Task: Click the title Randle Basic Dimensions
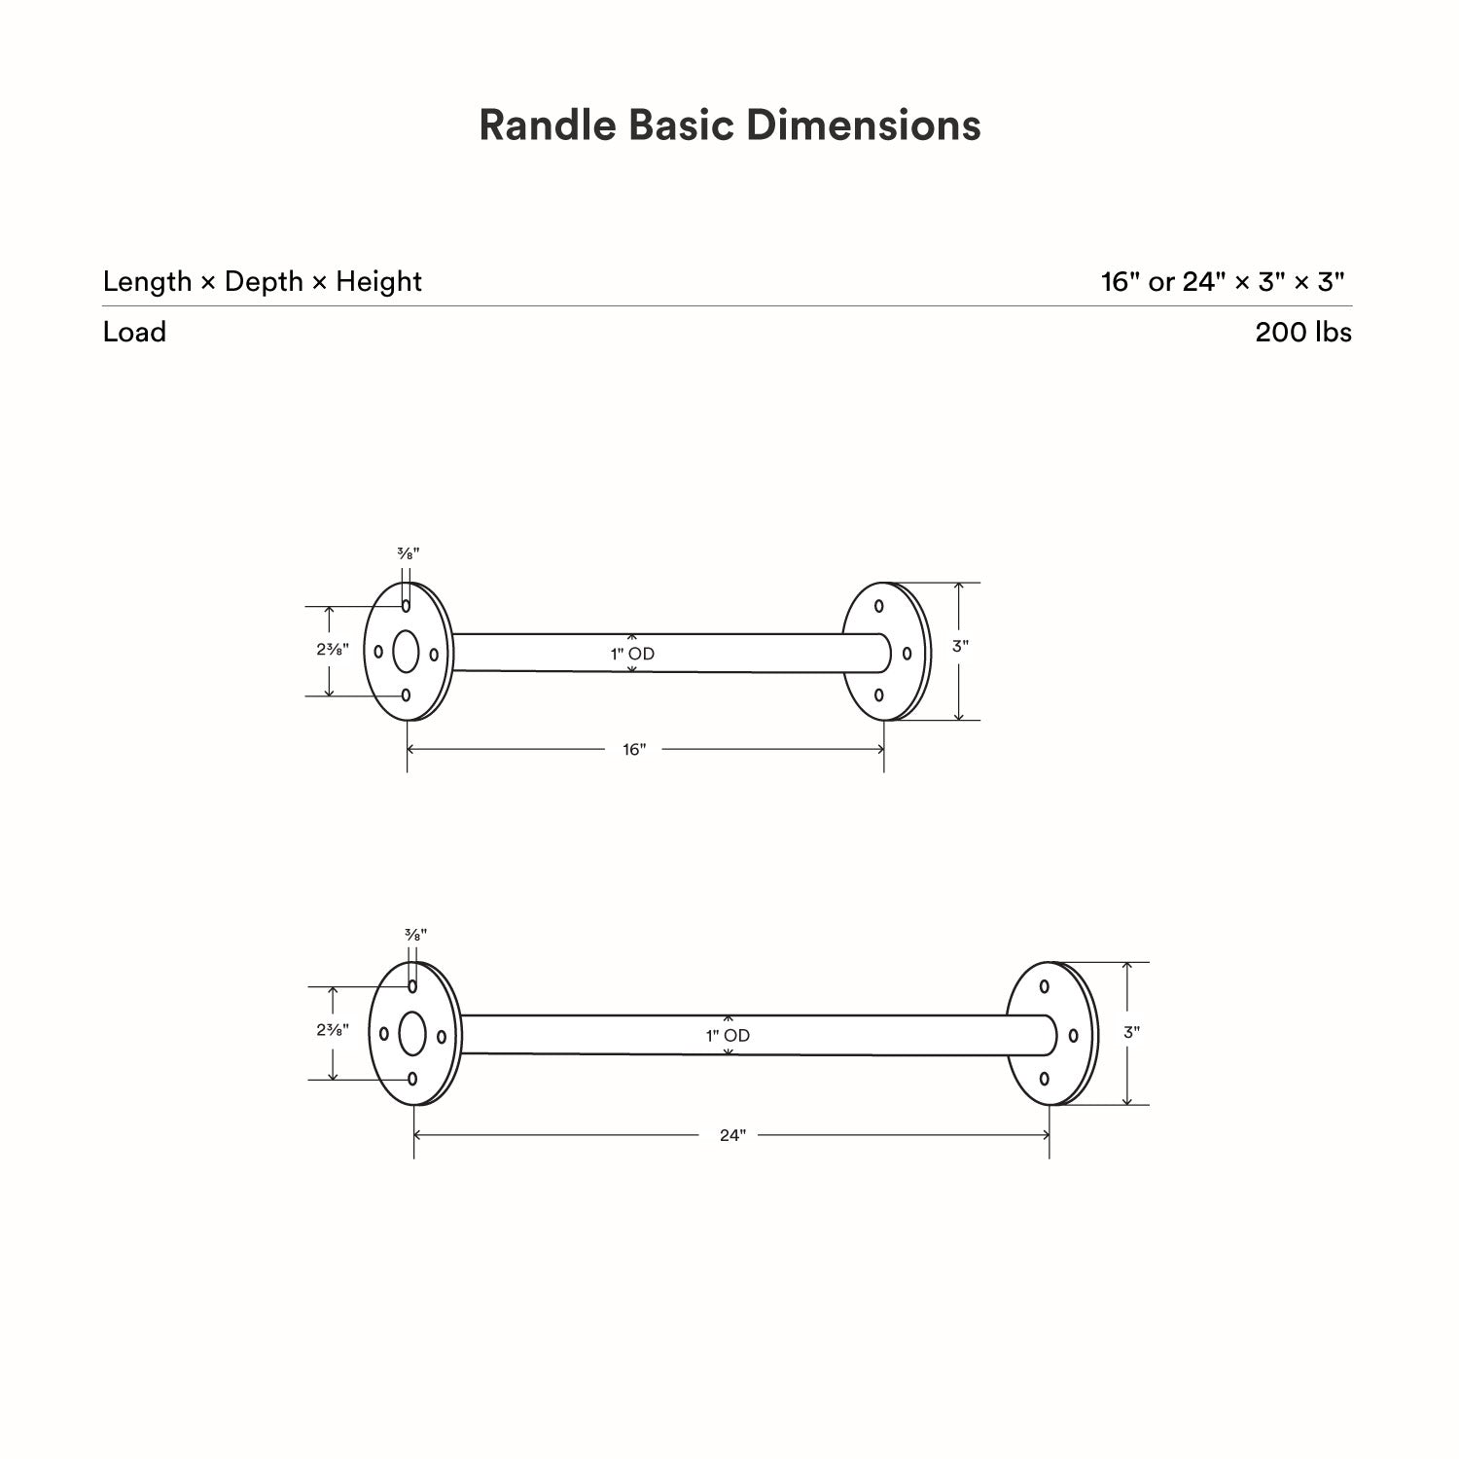tap(729, 125)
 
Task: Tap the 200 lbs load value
tap(1302, 333)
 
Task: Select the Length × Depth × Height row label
tap(263, 282)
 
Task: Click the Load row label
tap(134, 333)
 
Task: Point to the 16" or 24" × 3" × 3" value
tap(1223, 282)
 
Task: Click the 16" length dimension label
tap(634, 749)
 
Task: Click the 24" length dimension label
tap(732, 1135)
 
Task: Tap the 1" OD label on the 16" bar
tap(632, 654)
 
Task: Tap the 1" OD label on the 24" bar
tap(728, 1036)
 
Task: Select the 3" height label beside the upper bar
tap(960, 646)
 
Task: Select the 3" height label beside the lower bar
tap(1131, 1032)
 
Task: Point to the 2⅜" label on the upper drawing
tap(332, 650)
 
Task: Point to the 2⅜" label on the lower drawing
tap(332, 1029)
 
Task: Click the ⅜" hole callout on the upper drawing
tap(408, 553)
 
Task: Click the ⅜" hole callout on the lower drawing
tap(415, 935)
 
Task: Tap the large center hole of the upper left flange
tap(406, 652)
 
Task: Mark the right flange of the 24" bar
tap(1050, 1034)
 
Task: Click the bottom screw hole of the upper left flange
tap(406, 695)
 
